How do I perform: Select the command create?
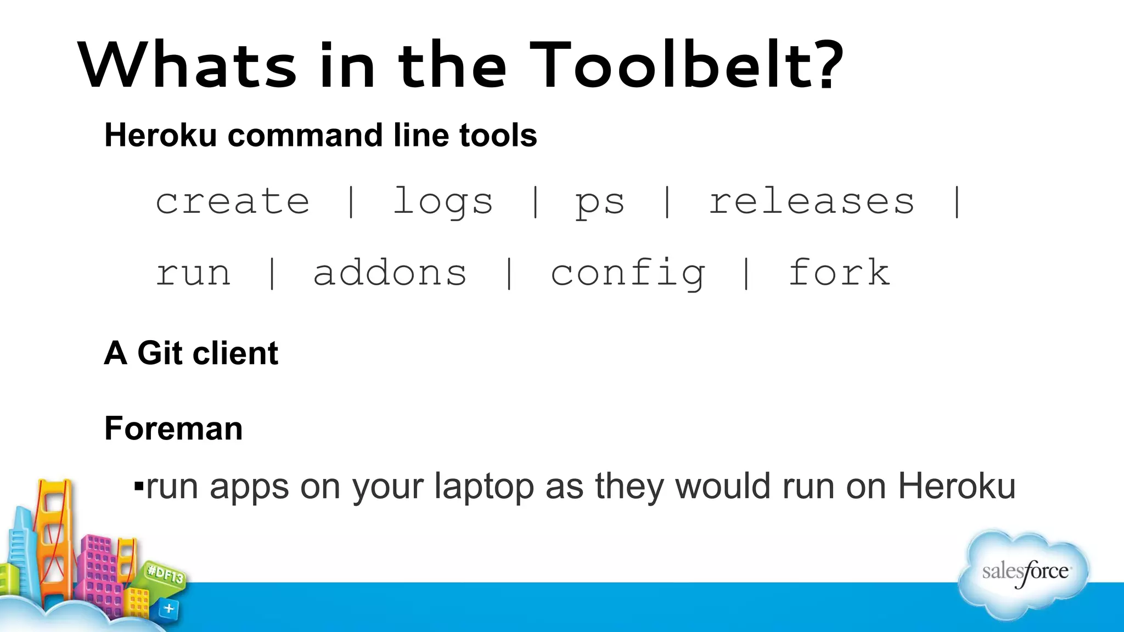point(233,201)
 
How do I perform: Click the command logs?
point(443,202)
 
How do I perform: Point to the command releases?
point(812,201)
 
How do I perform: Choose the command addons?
point(390,273)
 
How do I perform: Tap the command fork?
point(839,272)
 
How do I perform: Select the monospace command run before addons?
point(193,273)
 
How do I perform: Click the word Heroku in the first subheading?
point(161,135)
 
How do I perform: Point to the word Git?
point(160,353)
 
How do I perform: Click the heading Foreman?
point(173,428)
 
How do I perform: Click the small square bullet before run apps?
point(139,486)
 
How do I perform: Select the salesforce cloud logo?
point(1024,573)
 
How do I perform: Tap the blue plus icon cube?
point(168,608)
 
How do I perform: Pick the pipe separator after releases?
point(957,202)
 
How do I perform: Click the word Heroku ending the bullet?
point(957,486)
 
